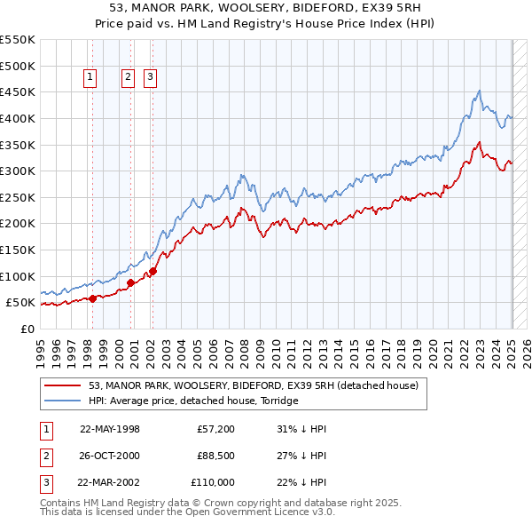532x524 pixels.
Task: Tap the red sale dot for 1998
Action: coord(92,298)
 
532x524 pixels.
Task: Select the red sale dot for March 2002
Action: coord(153,271)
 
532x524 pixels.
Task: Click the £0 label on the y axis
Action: coord(27,329)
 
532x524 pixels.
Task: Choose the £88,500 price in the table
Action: coord(215,456)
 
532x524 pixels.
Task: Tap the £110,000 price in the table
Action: coord(214,482)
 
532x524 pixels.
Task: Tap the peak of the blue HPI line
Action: coord(479,91)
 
